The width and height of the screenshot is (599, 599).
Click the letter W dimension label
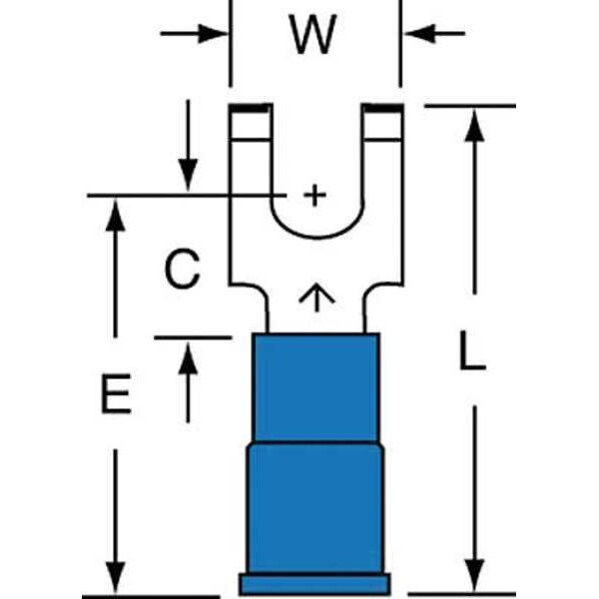point(312,36)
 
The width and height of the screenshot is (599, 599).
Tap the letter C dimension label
point(182,270)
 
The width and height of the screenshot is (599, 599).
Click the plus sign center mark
point(314,195)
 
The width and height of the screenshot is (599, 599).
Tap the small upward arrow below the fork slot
point(315,297)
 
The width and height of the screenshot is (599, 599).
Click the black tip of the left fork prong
point(250,107)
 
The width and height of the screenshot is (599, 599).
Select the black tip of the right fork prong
point(381,107)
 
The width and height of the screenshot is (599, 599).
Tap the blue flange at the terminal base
point(313,583)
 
